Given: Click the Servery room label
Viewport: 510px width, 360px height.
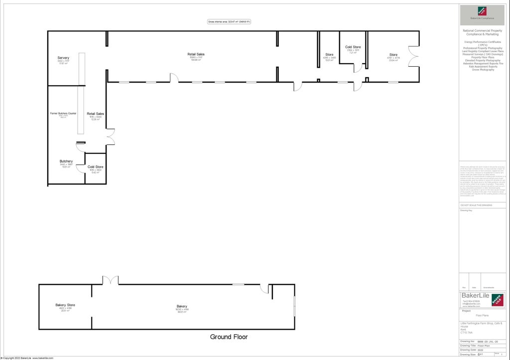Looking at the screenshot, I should (x=63, y=58).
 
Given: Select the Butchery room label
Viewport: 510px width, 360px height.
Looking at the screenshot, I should (x=66, y=161).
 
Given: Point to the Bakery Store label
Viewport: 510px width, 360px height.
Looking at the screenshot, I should (x=65, y=305).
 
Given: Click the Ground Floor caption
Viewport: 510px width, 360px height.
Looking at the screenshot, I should (x=229, y=337).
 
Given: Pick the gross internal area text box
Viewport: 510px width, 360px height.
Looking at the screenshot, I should (x=229, y=21).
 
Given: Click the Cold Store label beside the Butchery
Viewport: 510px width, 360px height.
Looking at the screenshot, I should (x=95, y=167).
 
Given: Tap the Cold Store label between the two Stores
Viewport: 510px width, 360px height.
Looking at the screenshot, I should (x=353, y=47).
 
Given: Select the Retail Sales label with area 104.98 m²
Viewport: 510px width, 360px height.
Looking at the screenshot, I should (x=196, y=54).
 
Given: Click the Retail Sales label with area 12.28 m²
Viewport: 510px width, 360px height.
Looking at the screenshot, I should (x=96, y=114).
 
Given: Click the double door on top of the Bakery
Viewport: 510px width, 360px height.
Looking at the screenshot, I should (x=110, y=280).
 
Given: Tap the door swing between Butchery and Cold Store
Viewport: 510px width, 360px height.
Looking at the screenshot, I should (x=81, y=168).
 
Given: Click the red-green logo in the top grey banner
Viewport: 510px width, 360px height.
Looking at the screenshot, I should (x=482, y=11).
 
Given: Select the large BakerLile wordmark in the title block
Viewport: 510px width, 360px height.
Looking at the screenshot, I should (x=475, y=296).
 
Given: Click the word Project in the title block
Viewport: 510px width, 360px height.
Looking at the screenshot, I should (x=467, y=311).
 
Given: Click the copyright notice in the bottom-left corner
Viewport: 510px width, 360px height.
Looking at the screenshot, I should (x=27, y=358).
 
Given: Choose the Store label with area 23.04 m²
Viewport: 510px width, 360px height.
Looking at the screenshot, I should (x=393, y=55).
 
